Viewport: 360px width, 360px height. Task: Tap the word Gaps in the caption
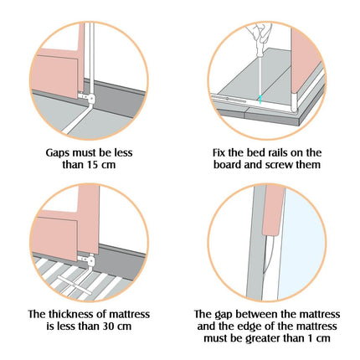tap(58, 153)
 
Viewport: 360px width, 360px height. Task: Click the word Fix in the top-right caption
tap(219, 153)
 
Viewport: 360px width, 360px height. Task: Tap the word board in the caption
tap(228, 165)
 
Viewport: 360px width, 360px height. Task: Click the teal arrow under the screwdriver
tap(260, 100)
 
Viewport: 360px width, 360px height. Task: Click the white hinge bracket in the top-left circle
tap(87, 97)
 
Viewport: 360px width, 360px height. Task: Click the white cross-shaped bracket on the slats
tap(75, 285)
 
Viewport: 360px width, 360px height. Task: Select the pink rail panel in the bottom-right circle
tap(274, 210)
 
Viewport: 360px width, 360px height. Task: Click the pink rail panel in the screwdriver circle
tap(305, 61)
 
